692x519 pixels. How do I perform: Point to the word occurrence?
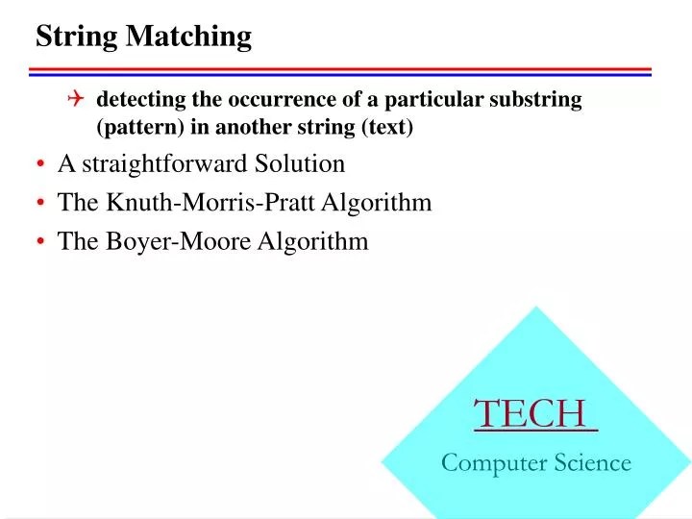click(271, 99)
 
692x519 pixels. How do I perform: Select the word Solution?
click(300, 164)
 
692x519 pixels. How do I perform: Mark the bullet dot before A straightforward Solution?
click(43, 165)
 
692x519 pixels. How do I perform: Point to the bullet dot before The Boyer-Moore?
click(43, 242)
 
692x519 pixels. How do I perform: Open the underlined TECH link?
click(534, 414)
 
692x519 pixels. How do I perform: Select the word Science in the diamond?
click(593, 463)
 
